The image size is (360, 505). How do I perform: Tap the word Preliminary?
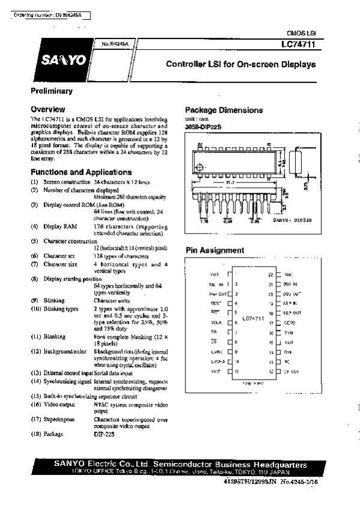[52, 91]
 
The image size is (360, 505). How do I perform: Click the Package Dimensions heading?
[224, 110]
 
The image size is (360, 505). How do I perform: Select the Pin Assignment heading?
[214, 250]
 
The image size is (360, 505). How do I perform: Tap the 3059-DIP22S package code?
[203, 128]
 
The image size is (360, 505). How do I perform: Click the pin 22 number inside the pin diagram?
[271, 274]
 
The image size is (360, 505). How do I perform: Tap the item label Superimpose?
[59, 419]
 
